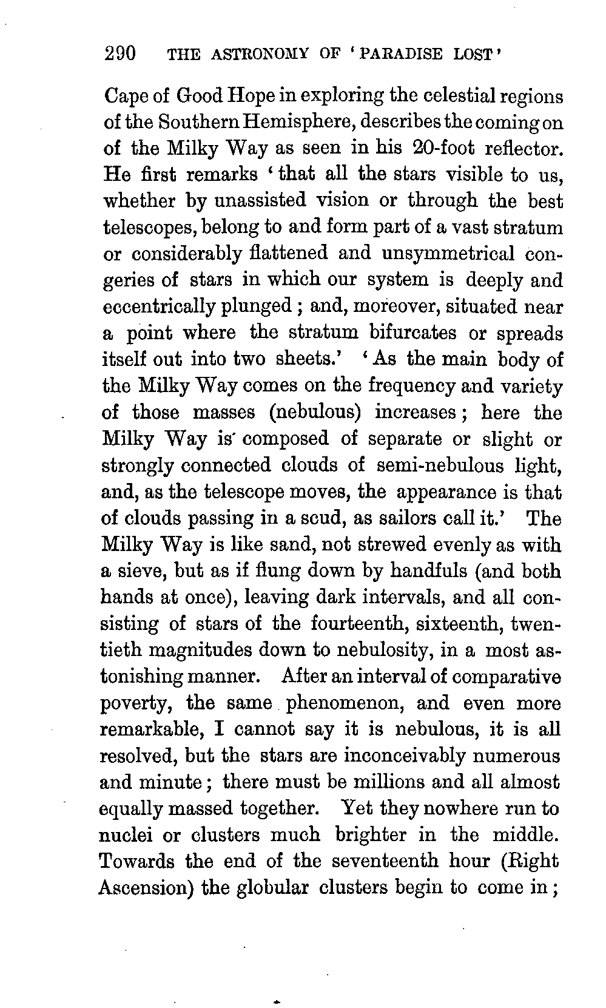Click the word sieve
coord(140,571)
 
